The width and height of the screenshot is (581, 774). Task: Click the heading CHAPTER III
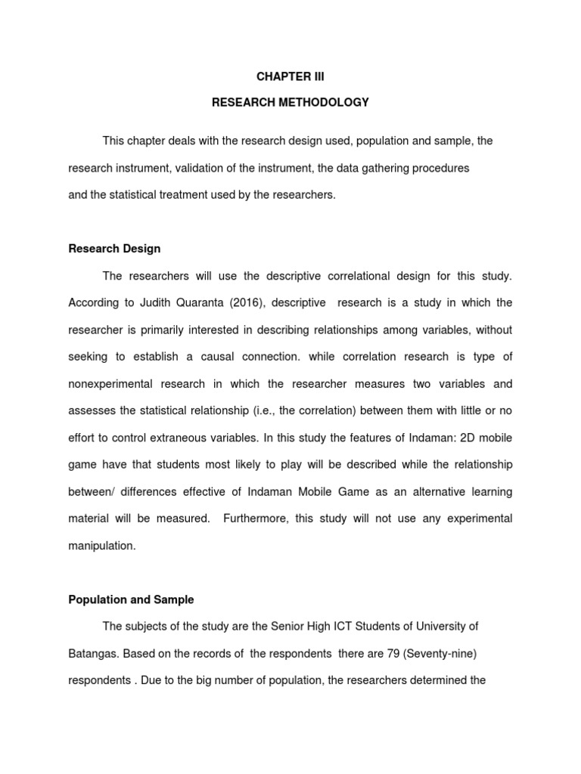pyautogui.click(x=290, y=76)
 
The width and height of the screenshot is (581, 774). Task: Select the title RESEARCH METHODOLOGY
pyautogui.click(x=290, y=102)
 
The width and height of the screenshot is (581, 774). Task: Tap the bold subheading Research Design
pyautogui.click(x=114, y=249)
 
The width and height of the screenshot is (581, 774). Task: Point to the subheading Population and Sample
pyautogui.click(x=131, y=599)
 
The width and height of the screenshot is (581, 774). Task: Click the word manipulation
pyautogui.click(x=102, y=546)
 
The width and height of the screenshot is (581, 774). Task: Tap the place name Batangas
pyautogui.click(x=92, y=653)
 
